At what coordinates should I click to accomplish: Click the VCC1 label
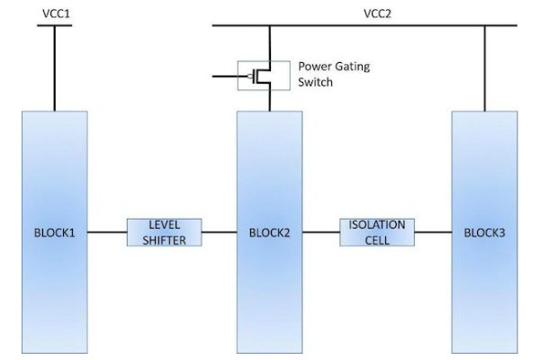point(56,13)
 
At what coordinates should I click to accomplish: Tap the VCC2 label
point(377,13)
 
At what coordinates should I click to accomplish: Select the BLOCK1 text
point(55,233)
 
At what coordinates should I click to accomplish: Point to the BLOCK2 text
point(269,233)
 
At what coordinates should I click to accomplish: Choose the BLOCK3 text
point(485,233)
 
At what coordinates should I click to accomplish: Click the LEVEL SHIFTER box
point(164,232)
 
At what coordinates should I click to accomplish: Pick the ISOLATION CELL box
point(378,232)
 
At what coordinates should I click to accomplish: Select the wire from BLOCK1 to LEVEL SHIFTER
point(107,233)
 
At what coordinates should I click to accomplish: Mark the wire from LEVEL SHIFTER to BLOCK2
point(220,233)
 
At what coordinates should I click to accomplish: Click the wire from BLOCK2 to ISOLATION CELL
point(321,233)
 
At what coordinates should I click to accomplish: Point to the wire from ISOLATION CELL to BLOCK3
point(433,233)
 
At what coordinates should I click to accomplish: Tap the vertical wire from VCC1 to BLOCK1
point(55,68)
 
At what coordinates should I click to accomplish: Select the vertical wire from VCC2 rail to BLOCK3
point(485,68)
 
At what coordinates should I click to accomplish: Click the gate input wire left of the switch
point(225,77)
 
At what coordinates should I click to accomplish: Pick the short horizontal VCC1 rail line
point(55,26)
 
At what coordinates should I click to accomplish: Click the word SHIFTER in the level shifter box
point(164,239)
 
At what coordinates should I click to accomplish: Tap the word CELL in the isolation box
point(378,239)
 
